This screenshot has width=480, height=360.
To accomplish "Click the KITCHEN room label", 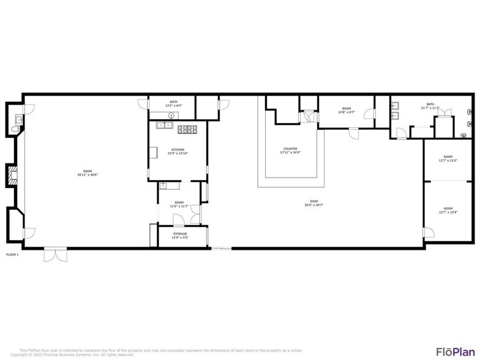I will [178, 149].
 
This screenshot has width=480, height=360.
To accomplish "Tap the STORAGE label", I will [179, 233].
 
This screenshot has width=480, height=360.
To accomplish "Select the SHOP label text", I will [314, 201].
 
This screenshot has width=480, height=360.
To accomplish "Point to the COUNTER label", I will [290, 149].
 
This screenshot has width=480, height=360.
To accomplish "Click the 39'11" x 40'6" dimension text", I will [88, 175].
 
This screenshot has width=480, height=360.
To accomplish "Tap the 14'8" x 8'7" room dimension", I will [347, 112].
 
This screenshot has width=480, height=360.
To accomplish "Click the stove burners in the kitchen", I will [187, 129].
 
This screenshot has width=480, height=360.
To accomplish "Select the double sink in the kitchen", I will [164, 126].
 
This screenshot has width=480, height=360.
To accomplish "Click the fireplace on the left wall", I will [12, 176].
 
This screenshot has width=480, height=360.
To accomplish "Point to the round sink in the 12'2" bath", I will [173, 114].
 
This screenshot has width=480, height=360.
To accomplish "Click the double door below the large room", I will [53, 255].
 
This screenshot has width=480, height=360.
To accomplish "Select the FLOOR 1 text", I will [12, 254].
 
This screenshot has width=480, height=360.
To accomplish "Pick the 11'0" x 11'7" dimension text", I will [179, 206].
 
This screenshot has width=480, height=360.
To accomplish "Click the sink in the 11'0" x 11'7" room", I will [163, 186].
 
